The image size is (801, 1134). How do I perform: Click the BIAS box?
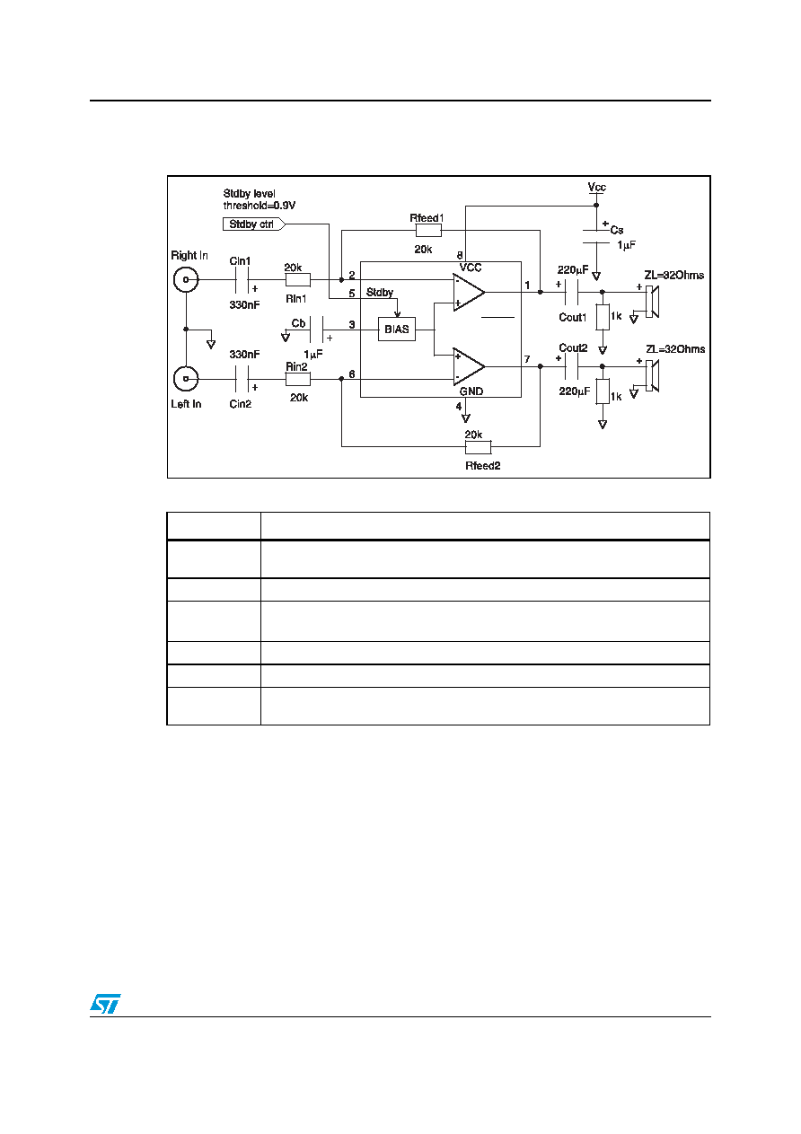click(x=396, y=329)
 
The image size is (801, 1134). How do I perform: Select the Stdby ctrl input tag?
click(x=253, y=224)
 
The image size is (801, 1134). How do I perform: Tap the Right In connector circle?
click(x=186, y=279)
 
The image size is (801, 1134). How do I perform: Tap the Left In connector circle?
click(x=186, y=379)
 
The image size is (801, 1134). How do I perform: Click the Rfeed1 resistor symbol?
click(x=428, y=231)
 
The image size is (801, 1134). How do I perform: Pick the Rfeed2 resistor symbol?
click(x=478, y=447)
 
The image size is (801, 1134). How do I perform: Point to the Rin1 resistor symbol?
click(x=298, y=279)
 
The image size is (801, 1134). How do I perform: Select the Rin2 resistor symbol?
click(x=298, y=379)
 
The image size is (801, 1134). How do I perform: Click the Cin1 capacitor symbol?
click(x=242, y=279)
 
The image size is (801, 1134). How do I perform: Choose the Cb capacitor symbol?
click(x=316, y=330)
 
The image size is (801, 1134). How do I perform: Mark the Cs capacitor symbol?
click(x=596, y=236)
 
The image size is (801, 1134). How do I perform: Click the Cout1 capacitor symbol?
click(x=571, y=292)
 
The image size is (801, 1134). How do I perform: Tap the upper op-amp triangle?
click(x=469, y=292)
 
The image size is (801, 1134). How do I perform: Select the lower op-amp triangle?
click(x=469, y=366)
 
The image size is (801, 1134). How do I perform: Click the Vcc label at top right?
click(x=597, y=187)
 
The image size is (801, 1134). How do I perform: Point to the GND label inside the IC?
click(x=471, y=391)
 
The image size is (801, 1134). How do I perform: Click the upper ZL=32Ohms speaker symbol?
click(x=652, y=302)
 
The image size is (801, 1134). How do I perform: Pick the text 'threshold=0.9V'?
click(x=260, y=206)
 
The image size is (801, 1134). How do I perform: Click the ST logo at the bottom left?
click(x=105, y=1004)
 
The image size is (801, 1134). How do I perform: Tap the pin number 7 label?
click(x=527, y=359)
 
